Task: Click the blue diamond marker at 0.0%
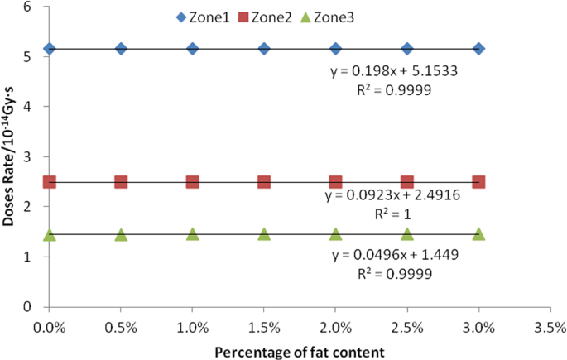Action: click(x=50, y=49)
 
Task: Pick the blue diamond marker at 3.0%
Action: click(x=478, y=49)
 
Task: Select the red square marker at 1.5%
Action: click(x=264, y=182)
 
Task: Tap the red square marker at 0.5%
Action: click(x=121, y=182)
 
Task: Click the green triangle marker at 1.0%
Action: click(x=193, y=234)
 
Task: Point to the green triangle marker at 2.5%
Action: click(x=407, y=234)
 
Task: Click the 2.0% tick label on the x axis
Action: click(x=335, y=328)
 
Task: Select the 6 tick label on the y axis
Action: click(x=28, y=7)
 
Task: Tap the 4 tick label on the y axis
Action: click(x=28, y=107)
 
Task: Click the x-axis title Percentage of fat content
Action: click(x=299, y=352)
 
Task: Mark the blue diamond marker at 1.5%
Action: click(x=264, y=49)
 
